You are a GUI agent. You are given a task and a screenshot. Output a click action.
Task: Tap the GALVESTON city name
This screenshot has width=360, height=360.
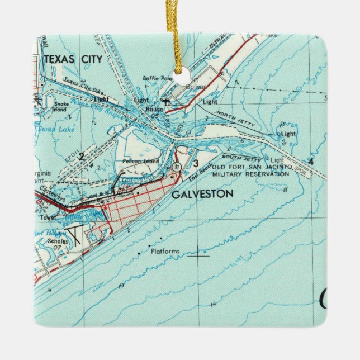[195, 194]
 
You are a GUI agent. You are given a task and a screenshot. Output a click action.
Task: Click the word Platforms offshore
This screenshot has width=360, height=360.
[165, 252]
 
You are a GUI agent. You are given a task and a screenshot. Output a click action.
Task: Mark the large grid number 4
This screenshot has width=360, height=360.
[311, 162]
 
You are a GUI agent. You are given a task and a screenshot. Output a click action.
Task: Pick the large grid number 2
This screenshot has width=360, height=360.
[82, 156]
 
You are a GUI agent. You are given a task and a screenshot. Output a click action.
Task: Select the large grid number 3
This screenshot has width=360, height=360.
[195, 163]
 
